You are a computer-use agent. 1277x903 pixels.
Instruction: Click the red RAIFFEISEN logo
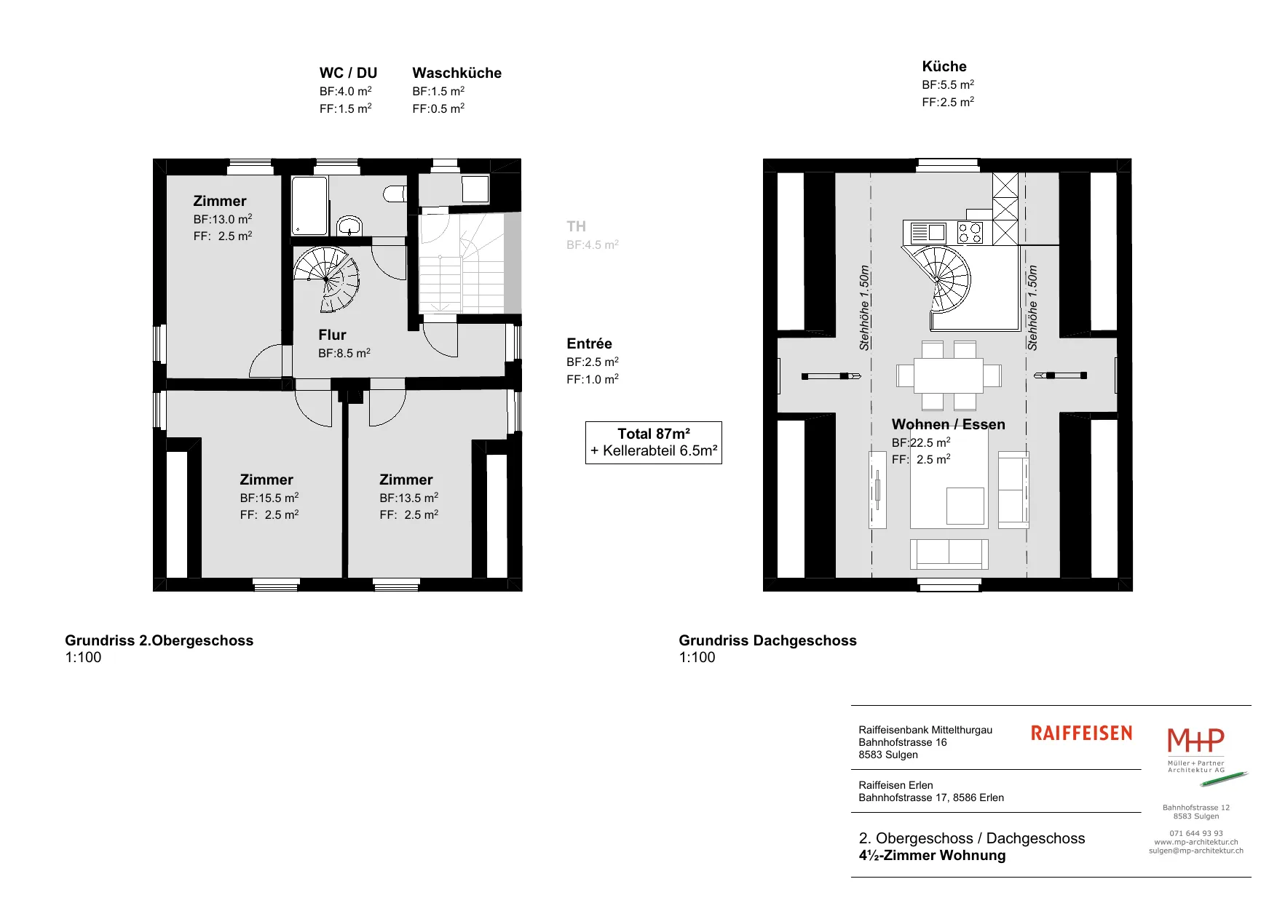(x=1081, y=733)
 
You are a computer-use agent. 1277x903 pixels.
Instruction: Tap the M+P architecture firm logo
(x=1196, y=750)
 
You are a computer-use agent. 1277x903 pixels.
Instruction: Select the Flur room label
(x=332, y=335)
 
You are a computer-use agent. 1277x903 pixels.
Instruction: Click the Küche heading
(x=944, y=66)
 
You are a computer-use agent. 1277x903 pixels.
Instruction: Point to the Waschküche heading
(x=456, y=73)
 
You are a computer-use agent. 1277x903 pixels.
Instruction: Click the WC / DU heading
(x=348, y=73)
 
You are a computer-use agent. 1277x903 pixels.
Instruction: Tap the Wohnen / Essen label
(x=948, y=424)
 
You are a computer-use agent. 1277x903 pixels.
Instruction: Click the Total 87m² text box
(x=654, y=442)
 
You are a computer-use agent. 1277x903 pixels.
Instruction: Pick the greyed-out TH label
(x=576, y=226)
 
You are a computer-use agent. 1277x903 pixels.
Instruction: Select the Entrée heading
(x=589, y=343)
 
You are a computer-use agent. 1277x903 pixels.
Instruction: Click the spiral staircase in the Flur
(x=327, y=279)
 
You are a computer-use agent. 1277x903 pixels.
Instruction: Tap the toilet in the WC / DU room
(x=394, y=194)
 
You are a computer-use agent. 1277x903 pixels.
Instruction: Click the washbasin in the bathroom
(x=350, y=225)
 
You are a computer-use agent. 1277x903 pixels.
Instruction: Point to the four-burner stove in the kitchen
(x=970, y=233)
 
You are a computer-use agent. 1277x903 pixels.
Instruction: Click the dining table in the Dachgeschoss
(x=948, y=375)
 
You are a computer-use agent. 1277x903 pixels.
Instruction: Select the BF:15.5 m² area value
(x=269, y=498)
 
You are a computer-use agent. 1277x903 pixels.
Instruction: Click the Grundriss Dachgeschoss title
(x=767, y=640)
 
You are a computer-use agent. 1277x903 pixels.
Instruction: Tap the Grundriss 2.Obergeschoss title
(x=159, y=640)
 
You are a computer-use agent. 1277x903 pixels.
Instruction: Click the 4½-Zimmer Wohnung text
(x=932, y=856)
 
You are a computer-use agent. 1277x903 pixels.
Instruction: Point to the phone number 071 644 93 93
(x=1196, y=833)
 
